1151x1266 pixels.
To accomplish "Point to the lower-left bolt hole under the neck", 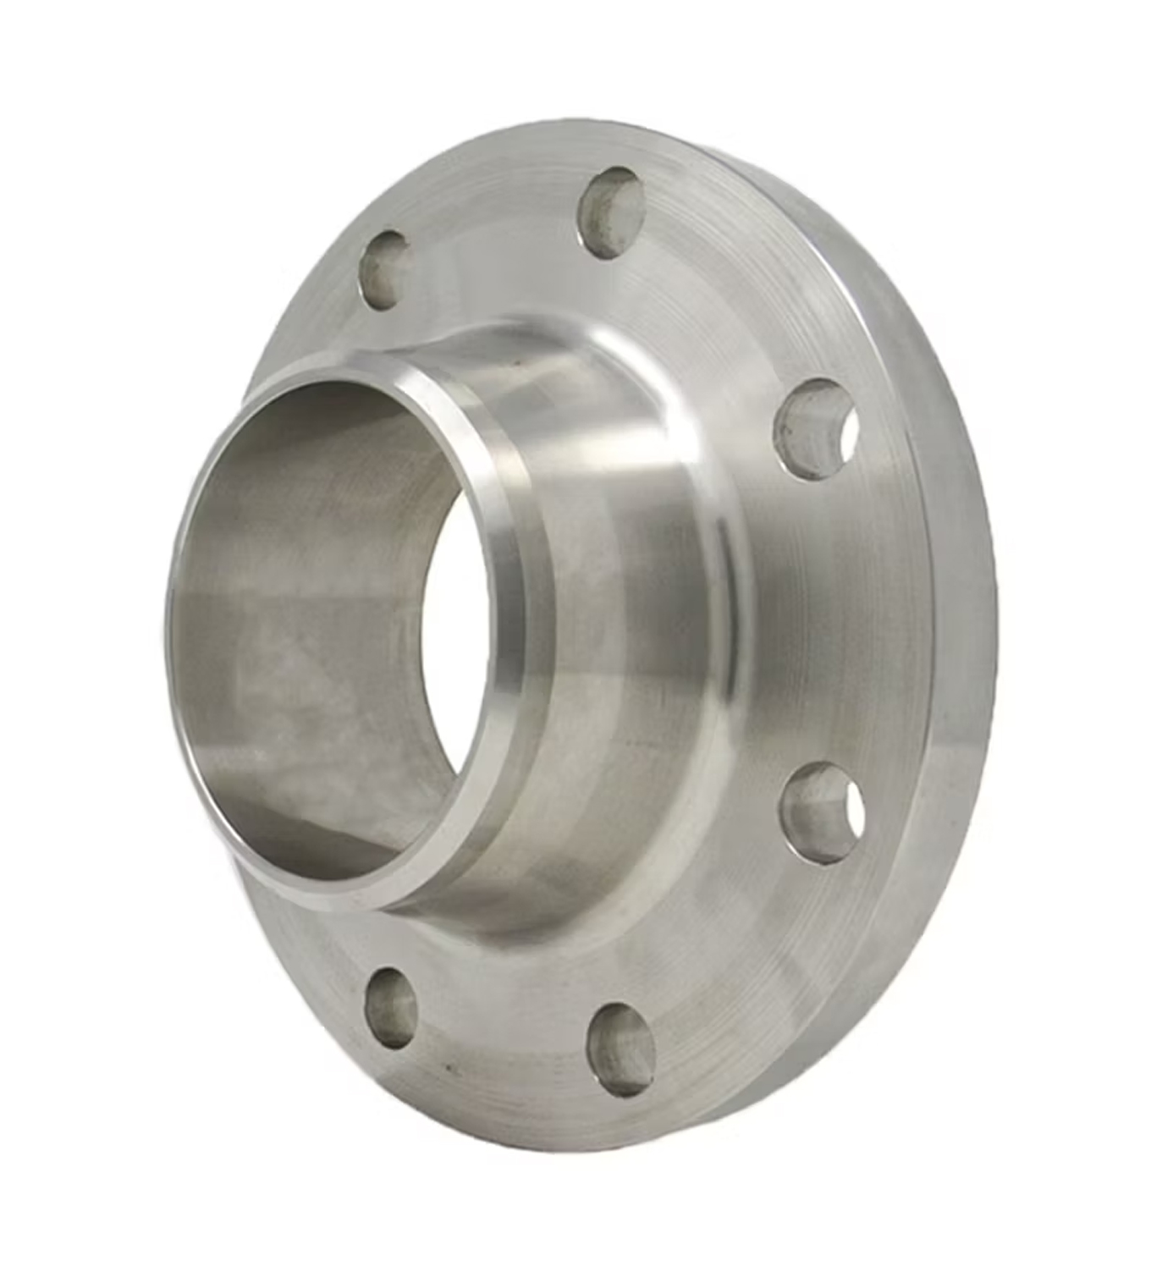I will point(390,1008).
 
